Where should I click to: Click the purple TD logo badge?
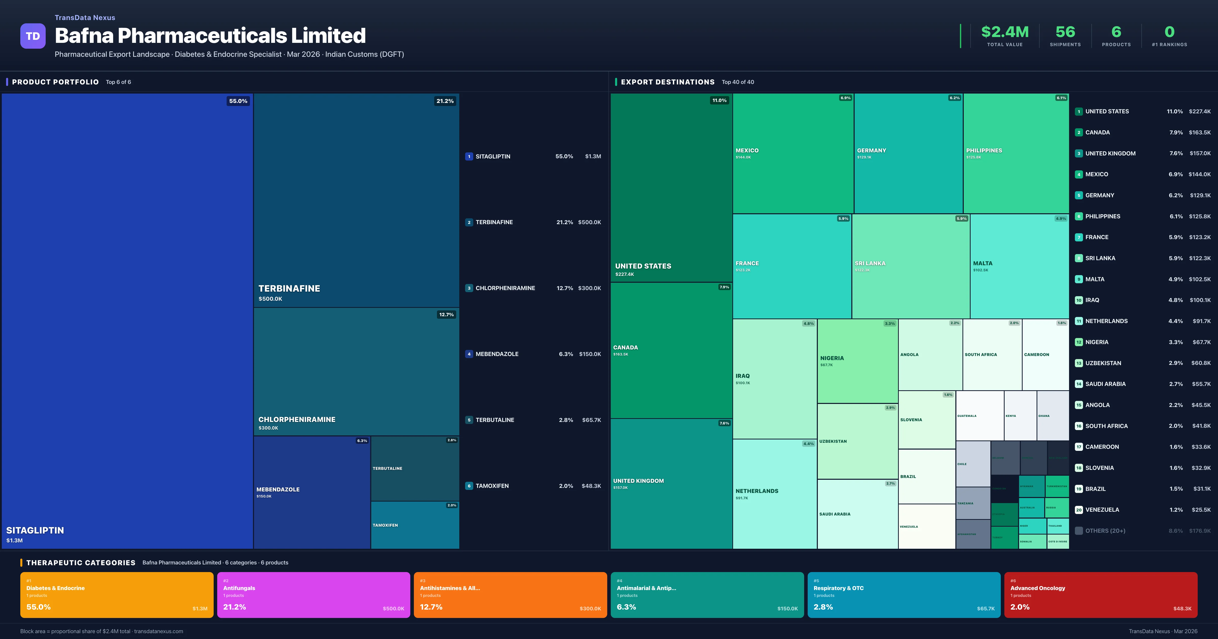click(33, 36)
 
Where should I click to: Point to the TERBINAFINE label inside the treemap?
click(289, 288)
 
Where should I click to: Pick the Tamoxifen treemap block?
click(415, 525)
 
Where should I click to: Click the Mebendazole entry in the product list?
click(497, 354)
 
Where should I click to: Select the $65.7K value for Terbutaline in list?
click(591, 420)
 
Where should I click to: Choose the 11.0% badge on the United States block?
click(719, 100)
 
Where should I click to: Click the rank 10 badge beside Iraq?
click(1078, 300)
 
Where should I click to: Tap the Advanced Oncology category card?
click(1100, 595)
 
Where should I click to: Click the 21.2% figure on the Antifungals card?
click(234, 607)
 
